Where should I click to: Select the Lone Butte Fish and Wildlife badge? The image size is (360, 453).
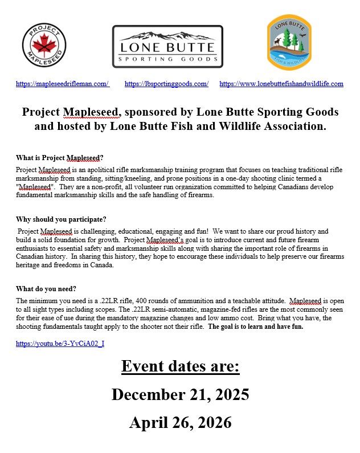[289, 43]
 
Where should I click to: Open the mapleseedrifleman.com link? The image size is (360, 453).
[63, 84]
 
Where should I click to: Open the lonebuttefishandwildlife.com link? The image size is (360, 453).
[281, 84]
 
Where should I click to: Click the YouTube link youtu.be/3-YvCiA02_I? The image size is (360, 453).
[60, 344]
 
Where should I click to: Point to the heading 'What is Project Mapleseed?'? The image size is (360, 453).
[60, 158]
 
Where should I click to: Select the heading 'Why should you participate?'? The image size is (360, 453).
[61, 219]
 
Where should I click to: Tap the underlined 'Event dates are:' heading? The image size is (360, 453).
[180, 366]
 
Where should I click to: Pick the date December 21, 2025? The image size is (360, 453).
[180, 394]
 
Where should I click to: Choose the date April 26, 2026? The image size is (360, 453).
[180, 422]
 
